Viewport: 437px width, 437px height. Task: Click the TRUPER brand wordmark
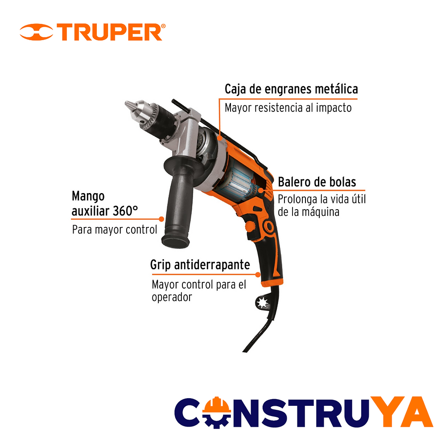(109, 32)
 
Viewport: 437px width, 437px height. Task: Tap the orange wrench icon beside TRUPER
(36, 32)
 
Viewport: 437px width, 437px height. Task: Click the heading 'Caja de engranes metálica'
(291, 90)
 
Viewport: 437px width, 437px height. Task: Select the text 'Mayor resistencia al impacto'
(288, 108)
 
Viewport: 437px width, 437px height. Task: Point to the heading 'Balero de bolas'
(317, 182)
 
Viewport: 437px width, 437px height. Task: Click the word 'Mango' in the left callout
(88, 197)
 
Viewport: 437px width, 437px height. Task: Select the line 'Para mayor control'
(115, 230)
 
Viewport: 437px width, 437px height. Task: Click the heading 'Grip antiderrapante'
(200, 265)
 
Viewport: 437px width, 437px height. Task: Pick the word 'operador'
(172, 297)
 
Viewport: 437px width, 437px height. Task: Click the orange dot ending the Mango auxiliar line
(161, 219)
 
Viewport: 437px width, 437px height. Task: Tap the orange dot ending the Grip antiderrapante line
(258, 275)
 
